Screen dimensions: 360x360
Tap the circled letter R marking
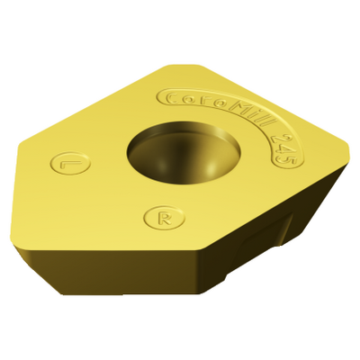pos(165,217)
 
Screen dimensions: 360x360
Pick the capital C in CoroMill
pos(172,98)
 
